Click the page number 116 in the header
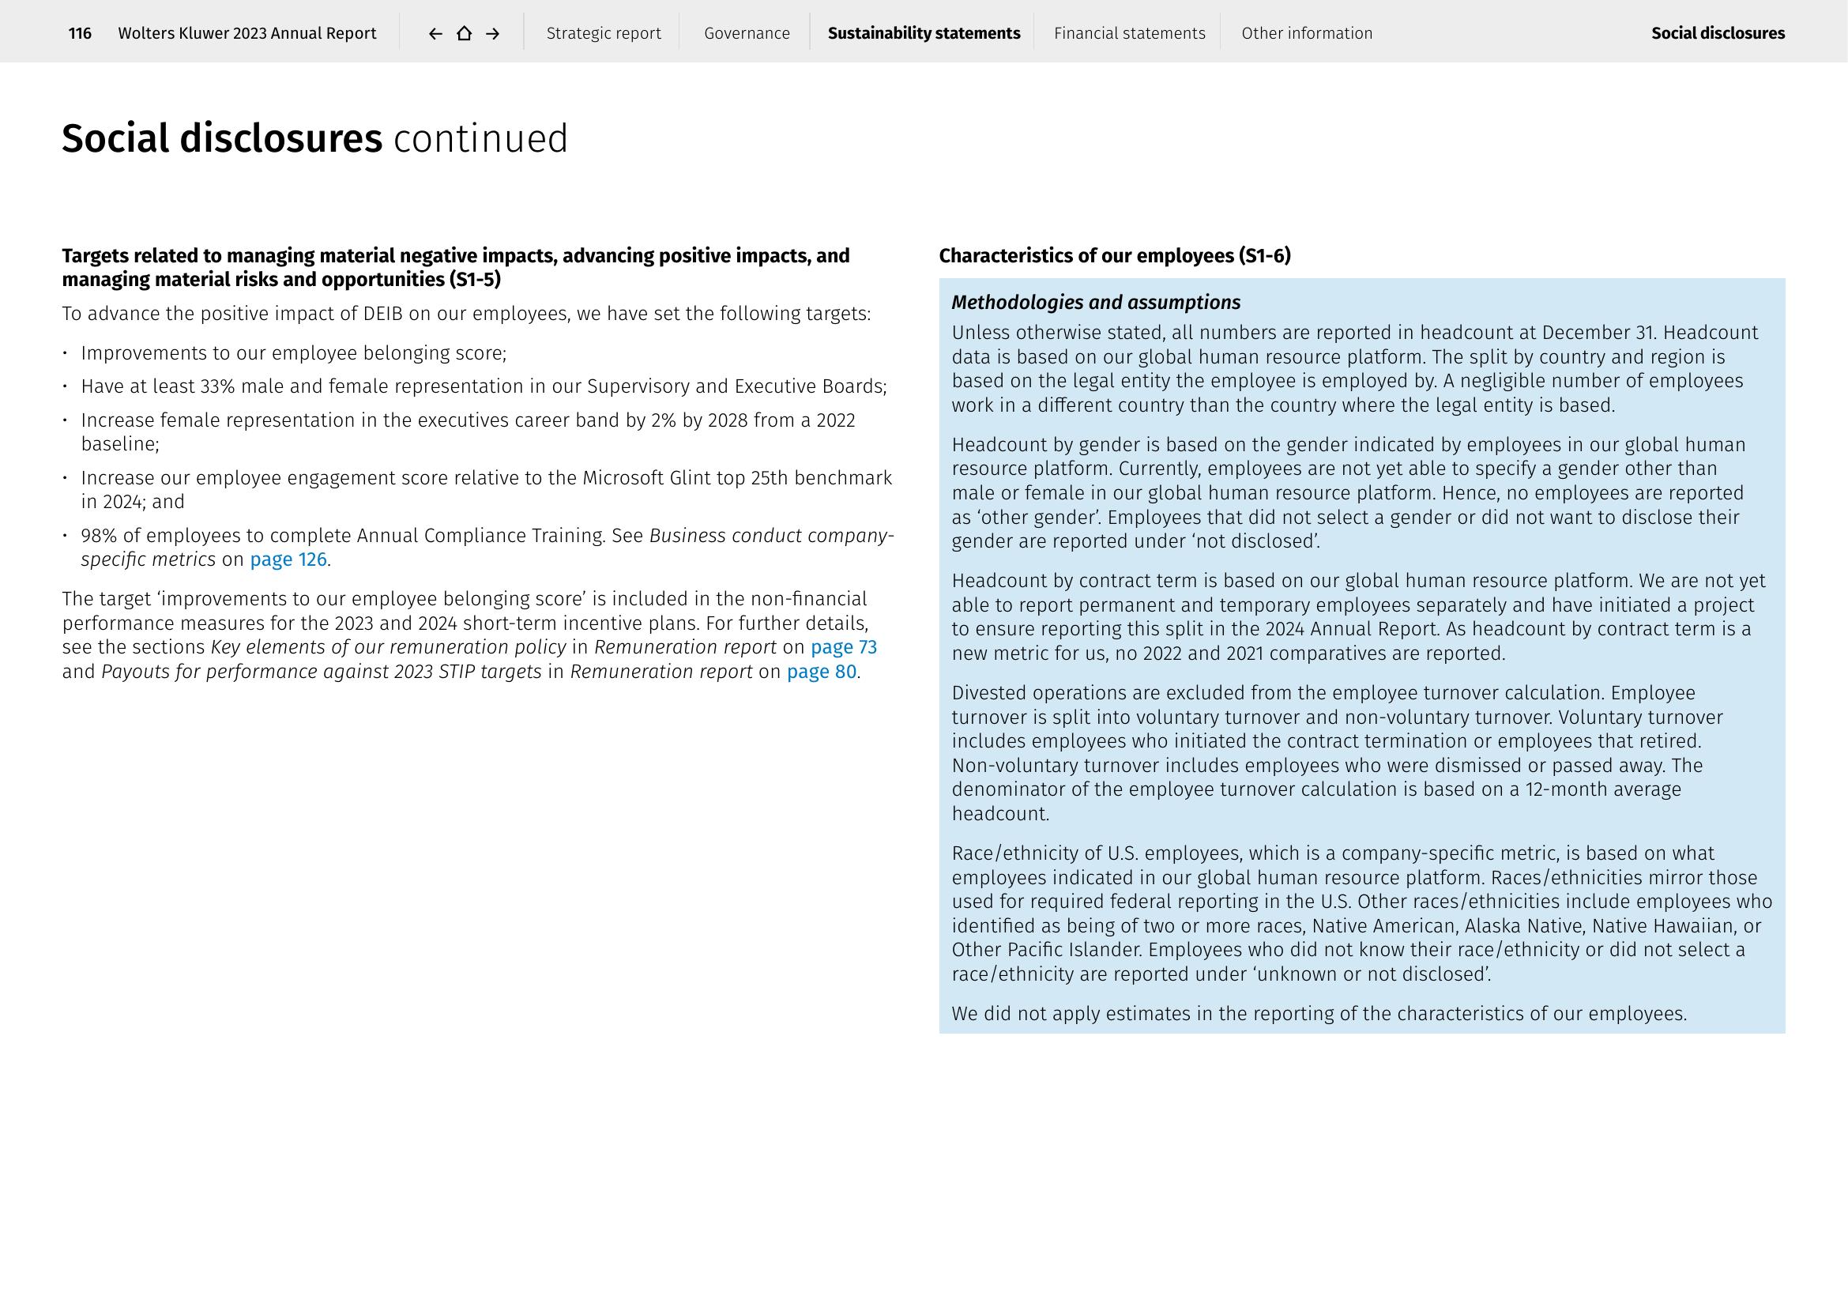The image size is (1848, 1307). pos(80,33)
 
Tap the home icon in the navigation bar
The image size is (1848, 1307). pos(464,33)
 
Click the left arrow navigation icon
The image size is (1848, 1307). pos(435,33)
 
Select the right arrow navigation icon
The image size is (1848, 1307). pos(492,33)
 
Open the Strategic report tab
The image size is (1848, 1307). pos(604,33)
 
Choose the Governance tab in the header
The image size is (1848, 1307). pos(747,33)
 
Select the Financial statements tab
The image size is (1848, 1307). pos(1129,33)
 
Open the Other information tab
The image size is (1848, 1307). pos(1306,33)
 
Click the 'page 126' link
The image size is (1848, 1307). pos(288,559)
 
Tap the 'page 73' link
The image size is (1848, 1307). pos(844,647)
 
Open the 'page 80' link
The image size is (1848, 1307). pos(821,671)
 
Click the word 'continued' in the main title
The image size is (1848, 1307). pos(480,138)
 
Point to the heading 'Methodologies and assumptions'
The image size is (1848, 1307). pos(1095,303)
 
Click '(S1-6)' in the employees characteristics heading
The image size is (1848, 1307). pos(1265,256)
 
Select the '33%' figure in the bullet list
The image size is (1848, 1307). pos(217,386)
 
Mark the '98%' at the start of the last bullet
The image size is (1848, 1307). pos(99,536)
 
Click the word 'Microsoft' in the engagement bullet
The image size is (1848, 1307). pos(623,478)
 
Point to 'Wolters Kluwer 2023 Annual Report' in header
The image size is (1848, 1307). pos(247,33)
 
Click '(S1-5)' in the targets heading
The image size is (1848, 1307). pos(475,279)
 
